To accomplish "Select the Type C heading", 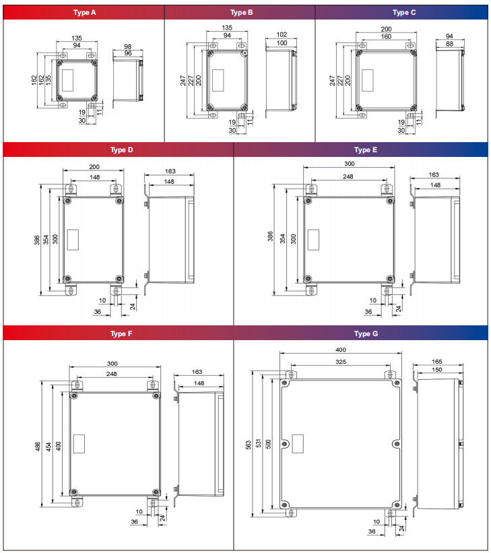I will point(404,12).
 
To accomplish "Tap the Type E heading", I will point(366,150).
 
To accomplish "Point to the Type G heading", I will point(366,333).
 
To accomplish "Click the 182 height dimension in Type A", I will point(34,80).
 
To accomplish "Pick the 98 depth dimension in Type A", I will point(127,46).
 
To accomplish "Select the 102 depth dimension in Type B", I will point(282,35).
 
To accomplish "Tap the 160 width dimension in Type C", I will point(385,37).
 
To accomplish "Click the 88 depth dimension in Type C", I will point(449,44).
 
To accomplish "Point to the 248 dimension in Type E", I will point(348,177).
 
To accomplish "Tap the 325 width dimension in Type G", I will point(340,362).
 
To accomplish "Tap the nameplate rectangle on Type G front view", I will point(297,443).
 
